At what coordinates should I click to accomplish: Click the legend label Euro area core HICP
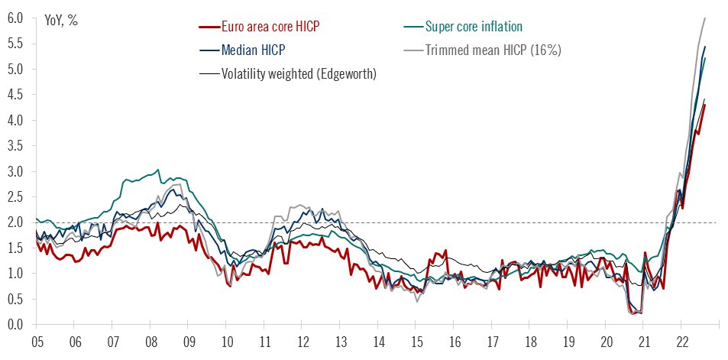270,27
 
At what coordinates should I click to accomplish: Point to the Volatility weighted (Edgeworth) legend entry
299,73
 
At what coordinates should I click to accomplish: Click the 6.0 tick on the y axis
16,18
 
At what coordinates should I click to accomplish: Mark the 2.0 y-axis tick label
16,222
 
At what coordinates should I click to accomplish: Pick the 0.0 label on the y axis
16,325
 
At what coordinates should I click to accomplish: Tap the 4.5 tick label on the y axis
16,95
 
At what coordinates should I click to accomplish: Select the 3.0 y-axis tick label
16,171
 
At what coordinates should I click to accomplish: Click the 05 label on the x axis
36,344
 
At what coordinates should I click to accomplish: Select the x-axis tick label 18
529,344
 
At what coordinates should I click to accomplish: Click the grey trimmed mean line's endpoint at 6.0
704,18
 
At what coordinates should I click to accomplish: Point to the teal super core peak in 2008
158,170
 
